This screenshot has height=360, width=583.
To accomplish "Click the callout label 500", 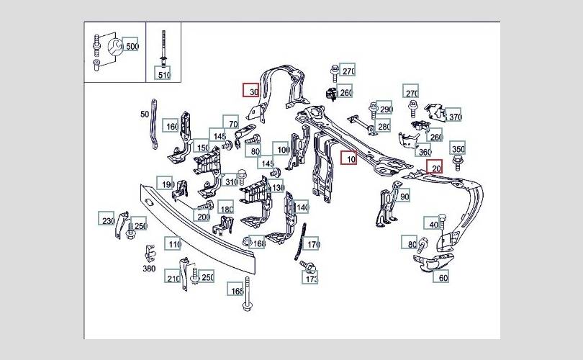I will point(132,47).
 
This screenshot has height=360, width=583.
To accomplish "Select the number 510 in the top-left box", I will point(164,74).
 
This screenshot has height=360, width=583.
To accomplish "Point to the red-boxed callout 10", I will point(350,158).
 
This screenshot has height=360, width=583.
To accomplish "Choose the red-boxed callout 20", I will point(435,168).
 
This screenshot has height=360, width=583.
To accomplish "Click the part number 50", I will point(144,115).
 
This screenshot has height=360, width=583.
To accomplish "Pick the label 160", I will point(171,127).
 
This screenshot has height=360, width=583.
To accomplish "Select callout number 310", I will point(230,182).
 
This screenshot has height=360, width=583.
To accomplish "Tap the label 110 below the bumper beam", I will point(173,244).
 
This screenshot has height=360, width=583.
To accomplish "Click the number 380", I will point(149,269).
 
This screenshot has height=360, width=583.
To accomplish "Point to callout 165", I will point(237,291).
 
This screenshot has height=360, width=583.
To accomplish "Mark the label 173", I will point(311,279).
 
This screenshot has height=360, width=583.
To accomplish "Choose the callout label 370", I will point(454,117).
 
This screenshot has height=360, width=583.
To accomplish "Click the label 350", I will point(458,149).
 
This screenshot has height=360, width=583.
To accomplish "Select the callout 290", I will point(385,109).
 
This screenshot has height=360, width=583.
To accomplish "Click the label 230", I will point(107,221).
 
